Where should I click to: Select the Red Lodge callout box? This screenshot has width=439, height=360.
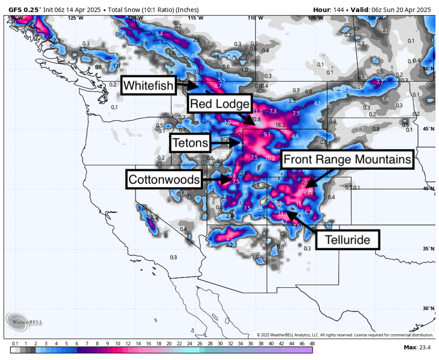(x=220, y=104)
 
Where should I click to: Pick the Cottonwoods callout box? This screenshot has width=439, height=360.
(x=165, y=179)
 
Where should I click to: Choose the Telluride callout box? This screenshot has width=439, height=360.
(x=347, y=240)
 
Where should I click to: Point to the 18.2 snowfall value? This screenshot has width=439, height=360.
(x=280, y=125)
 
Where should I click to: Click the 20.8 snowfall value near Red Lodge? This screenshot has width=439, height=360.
(x=256, y=119)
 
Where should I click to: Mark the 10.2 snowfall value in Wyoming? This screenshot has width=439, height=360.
(x=270, y=158)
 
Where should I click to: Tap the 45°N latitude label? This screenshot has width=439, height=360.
(x=431, y=129)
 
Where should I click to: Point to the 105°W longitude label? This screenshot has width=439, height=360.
(x=315, y=18)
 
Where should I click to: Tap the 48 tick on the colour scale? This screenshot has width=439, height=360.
(x=312, y=344)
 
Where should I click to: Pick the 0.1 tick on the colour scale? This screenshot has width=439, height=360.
(x=15, y=344)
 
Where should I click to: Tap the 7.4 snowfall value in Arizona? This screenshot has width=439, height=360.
(x=230, y=240)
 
